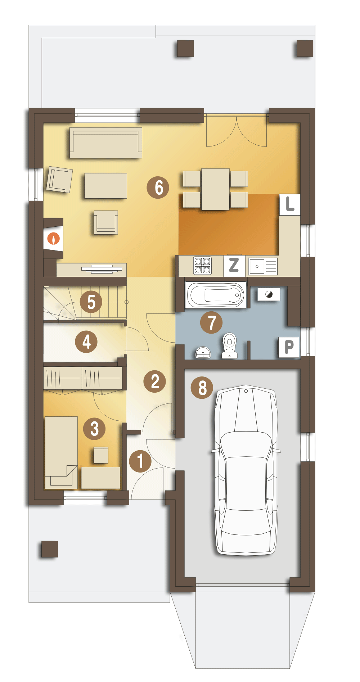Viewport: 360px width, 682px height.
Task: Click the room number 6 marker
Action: [x=158, y=188]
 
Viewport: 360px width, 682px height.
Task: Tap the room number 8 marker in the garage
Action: [x=202, y=388]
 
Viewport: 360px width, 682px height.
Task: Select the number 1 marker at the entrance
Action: [x=140, y=461]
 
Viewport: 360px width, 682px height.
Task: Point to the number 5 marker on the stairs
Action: [x=91, y=302]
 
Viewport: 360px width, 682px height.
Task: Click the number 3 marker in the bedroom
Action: [x=94, y=429]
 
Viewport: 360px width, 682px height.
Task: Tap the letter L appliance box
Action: [x=290, y=205]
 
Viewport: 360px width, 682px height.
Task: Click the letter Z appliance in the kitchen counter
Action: [x=234, y=266]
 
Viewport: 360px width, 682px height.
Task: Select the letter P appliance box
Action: [x=289, y=348]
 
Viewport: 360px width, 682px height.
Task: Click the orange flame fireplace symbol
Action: [x=54, y=238]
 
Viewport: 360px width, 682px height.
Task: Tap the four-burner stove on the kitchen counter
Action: [x=202, y=266]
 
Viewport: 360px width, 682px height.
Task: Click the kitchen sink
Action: [x=263, y=266]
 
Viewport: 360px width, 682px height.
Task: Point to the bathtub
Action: [x=216, y=295]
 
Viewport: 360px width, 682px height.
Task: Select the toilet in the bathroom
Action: [x=229, y=345]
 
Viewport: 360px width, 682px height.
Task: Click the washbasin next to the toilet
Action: [x=203, y=353]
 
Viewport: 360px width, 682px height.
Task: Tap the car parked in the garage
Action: [x=246, y=470]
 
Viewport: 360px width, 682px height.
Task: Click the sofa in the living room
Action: [x=106, y=143]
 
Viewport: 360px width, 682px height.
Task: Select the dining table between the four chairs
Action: [x=215, y=189]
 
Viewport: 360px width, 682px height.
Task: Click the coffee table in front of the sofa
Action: [x=106, y=186]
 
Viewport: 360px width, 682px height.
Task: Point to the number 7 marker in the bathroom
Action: [x=211, y=322]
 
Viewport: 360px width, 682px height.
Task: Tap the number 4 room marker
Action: [x=86, y=342]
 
